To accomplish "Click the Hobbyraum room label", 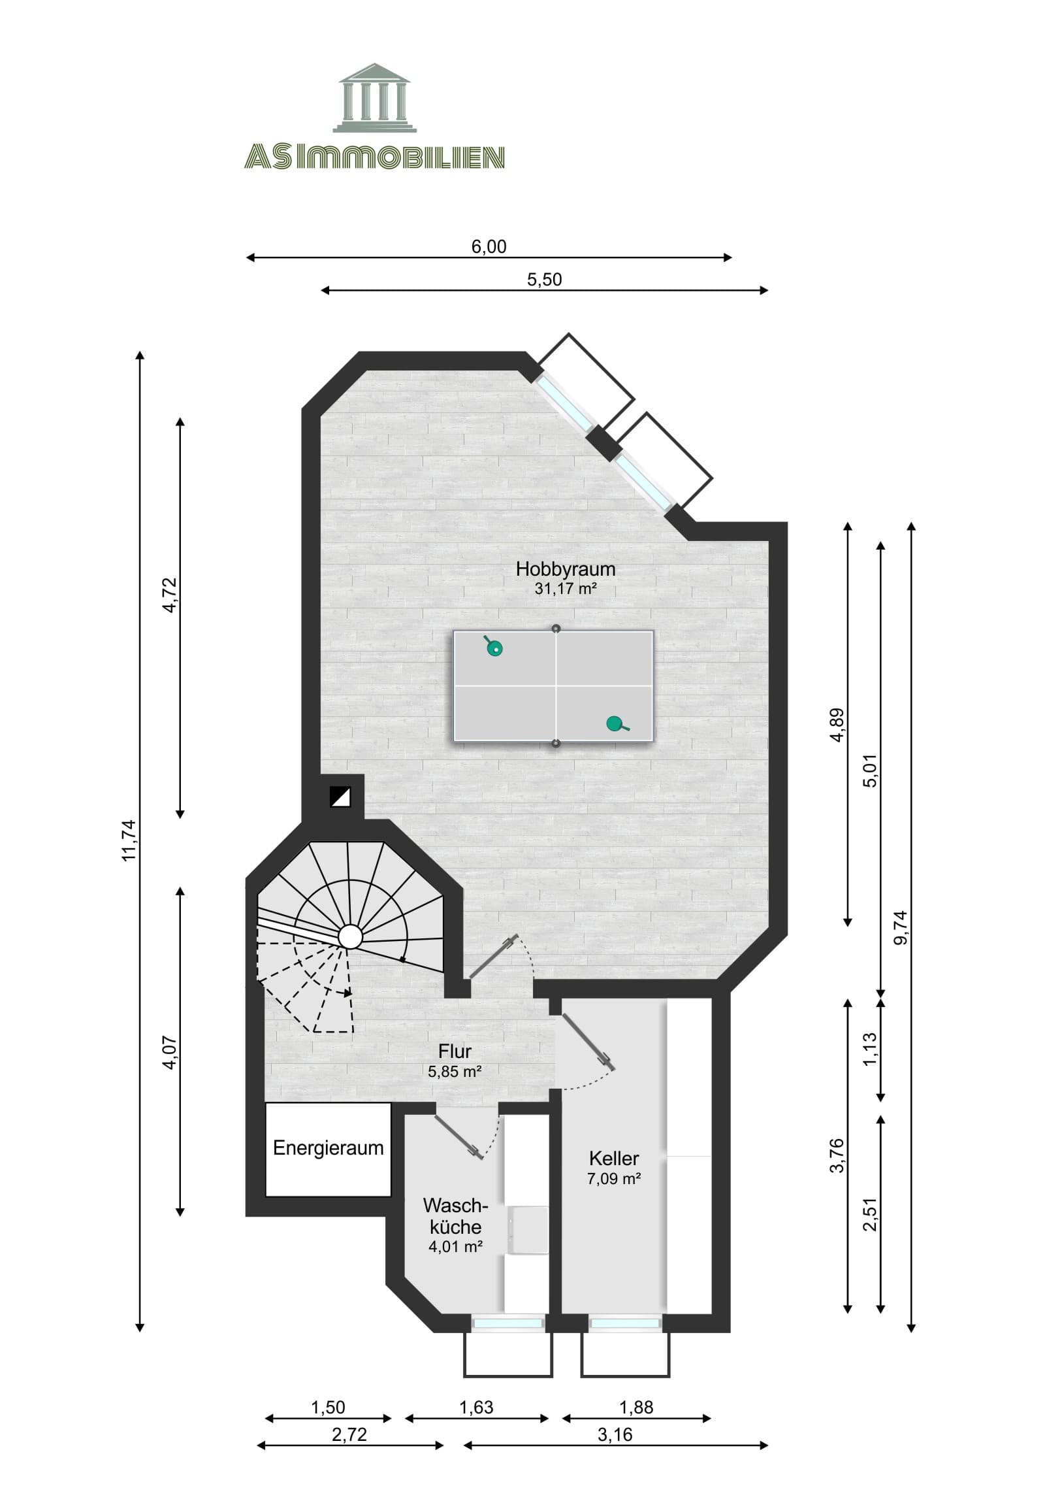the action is click(566, 569).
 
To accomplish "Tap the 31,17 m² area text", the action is click(566, 589).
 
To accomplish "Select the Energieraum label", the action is click(328, 1148).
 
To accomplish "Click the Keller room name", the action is click(614, 1158).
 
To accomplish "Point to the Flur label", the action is click(455, 1051).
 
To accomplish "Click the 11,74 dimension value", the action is click(129, 840).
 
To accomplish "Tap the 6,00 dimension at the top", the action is click(489, 246).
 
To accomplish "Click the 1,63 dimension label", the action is click(475, 1407).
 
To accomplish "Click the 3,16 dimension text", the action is click(615, 1434).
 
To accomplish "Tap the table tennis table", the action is click(554, 685).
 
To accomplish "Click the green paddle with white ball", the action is click(495, 648).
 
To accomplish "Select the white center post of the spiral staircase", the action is click(350, 936).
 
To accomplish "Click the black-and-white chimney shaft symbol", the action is click(340, 797).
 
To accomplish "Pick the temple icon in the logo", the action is click(374, 97).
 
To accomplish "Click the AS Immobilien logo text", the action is click(374, 157).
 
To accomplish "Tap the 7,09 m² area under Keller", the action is click(614, 1179).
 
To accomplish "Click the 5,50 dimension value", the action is click(545, 280).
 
